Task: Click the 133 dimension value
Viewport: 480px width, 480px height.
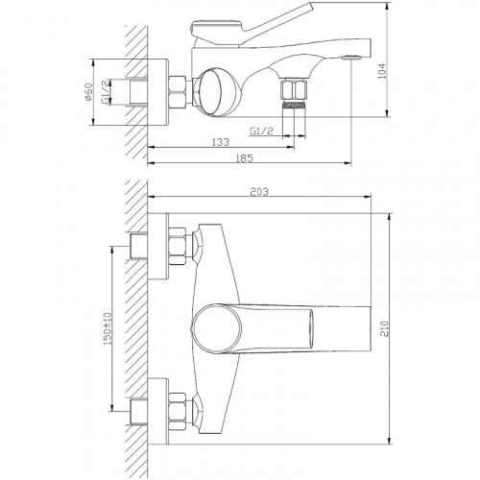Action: [x=221, y=142]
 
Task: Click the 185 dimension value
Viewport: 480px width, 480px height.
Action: [x=244, y=158]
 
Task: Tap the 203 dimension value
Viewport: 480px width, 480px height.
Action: [x=259, y=192]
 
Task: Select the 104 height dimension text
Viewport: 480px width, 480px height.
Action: [x=382, y=71]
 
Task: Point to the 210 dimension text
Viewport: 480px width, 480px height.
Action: [x=384, y=328]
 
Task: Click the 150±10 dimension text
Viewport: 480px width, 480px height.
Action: [x=108, y=328]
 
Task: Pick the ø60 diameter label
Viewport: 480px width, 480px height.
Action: [x=88, y=92]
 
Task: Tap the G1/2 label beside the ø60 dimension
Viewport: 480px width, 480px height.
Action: [x=106, y=92]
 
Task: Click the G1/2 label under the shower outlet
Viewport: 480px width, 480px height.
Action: [x=261, y=131]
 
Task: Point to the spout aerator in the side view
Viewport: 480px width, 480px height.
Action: [x=351, y=58]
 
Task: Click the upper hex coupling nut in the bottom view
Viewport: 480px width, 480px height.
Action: [x=178, y=247]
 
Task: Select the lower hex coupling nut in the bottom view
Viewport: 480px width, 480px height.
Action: [x=178, y=412]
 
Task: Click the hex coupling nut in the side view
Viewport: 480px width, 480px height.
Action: [x=177, y=91]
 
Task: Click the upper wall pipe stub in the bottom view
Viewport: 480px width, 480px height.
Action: [x=138, y=247]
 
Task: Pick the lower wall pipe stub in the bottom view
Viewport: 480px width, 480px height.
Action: [x=138, y=412]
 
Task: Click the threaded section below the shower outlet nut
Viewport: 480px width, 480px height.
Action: [x=293, y=105]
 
